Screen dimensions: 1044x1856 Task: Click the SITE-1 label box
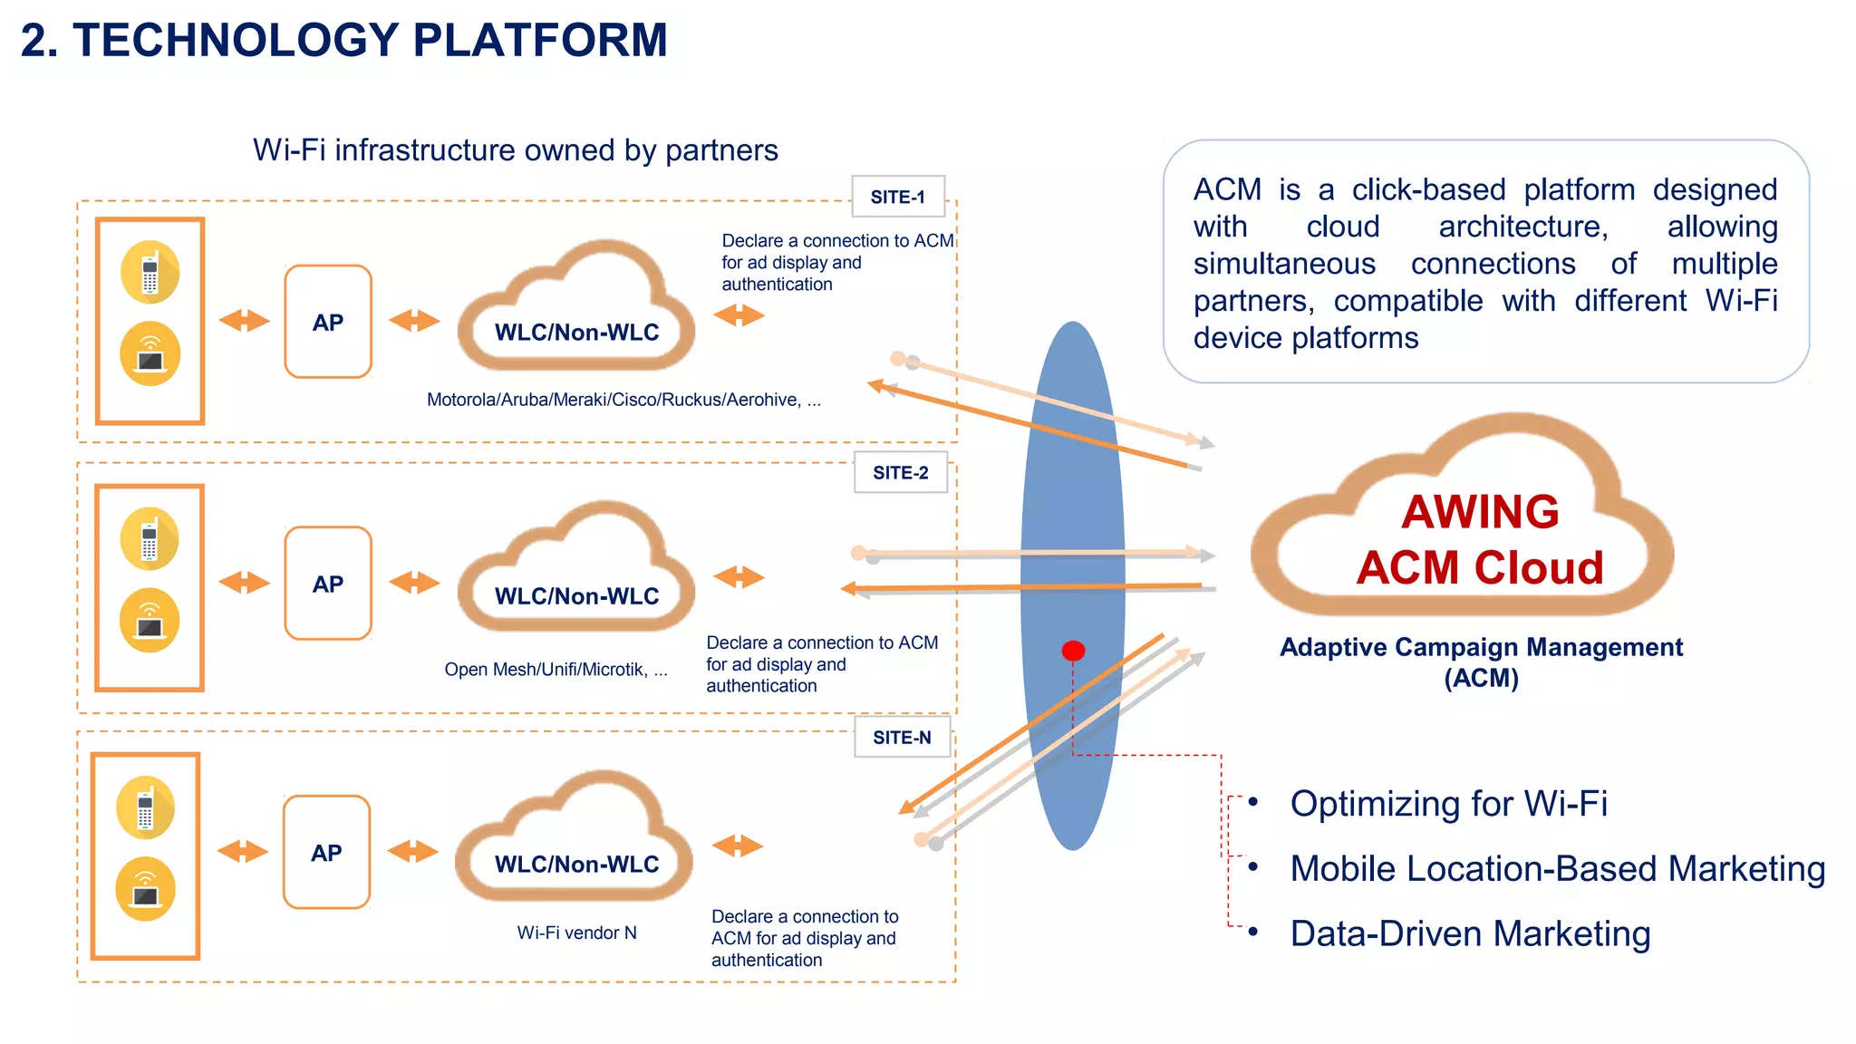click(x=898, y=197)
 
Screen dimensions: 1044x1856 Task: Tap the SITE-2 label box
click(x=901, y=472)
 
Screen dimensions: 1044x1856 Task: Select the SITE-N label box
click(x=903, y=738)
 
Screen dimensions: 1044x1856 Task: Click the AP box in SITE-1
click(x=328, y=322)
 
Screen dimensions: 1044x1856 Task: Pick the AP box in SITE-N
click(x=326, y=852)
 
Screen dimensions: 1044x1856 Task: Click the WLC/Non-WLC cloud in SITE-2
click(x=576, y=580)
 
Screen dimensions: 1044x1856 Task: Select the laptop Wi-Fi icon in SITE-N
click(x=145, y=889)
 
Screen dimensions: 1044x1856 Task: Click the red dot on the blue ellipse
click(x=1073, y=651)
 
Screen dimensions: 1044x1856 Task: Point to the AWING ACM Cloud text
click(x=1480, y=539)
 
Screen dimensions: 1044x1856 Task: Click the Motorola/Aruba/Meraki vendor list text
click(x=623, y=400)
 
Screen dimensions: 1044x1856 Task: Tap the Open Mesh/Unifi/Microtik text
click(x=556, y=670)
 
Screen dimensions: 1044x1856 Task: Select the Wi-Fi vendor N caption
click(x=577, y=933)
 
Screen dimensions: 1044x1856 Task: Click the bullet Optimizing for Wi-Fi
click(x=1448, y=803)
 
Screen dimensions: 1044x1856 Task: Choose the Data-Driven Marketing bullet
click(x=1469, y=933)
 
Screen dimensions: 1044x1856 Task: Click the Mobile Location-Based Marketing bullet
click(x=1557, y=868)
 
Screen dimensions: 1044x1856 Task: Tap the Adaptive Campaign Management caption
click(x=1481, y=662)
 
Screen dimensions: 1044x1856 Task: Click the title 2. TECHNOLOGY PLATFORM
click(x=344, y=41)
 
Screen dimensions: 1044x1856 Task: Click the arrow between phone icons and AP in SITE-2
click(x=245, y=583)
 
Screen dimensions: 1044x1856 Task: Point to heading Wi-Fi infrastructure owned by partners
click(x=515, y=150)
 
